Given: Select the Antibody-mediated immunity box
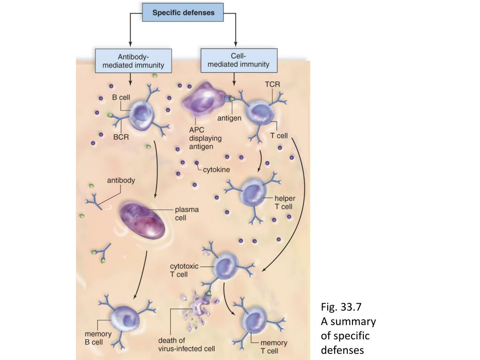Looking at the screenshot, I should pyautogui.click(x=133, y=60).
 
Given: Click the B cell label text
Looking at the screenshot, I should pyautogui.click(x=121, y=97).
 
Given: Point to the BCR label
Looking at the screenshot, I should pyautogui.click(x=120, y=137).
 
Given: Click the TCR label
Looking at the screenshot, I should pyautogui.click(x=272, y=84).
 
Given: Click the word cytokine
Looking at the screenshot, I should pyautogui.click(x=216, y=170).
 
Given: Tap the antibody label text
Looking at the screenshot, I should pyautogui.click(x=121, y=180).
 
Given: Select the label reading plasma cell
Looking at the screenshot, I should pyautogui.click(x=187, y=214).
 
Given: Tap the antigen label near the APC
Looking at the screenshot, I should pyautogui.click(x=229, y=118).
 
